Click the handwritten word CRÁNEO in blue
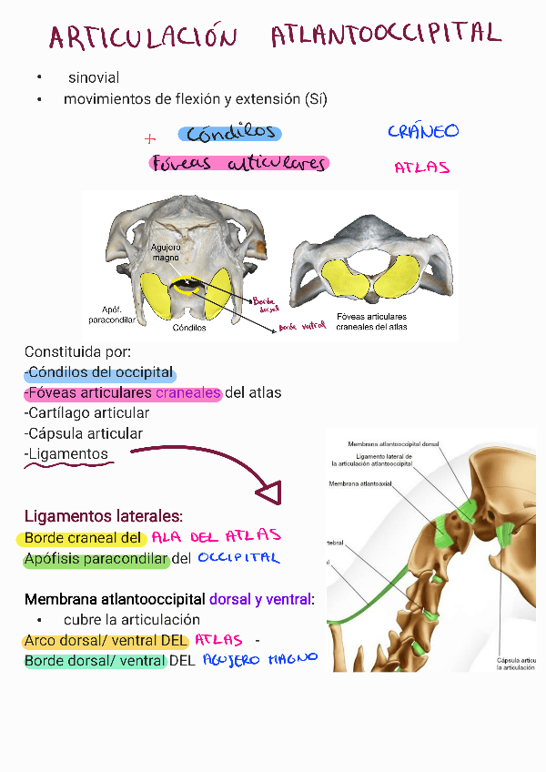(423, 132)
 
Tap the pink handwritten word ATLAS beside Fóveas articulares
(421, 168)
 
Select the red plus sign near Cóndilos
(150, 139)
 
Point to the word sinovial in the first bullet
(94, 78)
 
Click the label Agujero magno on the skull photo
(166, 252)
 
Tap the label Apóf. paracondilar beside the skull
(112, 315)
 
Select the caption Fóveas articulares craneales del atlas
(371, 321)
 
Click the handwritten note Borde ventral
(302, 326)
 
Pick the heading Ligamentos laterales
(103, 516)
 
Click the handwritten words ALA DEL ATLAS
(217, 536)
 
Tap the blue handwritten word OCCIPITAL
(238, 558)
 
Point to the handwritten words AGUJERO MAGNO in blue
(259, 659)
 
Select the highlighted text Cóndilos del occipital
(100, 372)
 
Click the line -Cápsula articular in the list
(84, 434)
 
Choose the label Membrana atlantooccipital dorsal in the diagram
(393, 444)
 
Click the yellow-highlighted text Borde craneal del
(84, 537)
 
